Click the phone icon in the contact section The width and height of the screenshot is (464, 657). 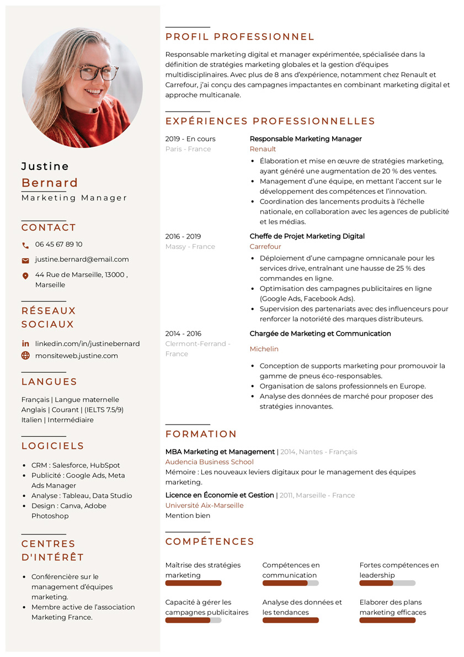tap(25, 245)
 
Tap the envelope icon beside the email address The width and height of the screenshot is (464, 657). tap(25, 260)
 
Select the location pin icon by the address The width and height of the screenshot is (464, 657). tap(25, 275)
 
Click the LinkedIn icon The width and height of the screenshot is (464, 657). tap(25, 343)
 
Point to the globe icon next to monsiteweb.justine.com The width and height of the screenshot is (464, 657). tap(25, 356)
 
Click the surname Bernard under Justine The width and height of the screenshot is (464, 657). tap(50, 183)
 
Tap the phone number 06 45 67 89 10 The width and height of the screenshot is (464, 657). tap(58, 244)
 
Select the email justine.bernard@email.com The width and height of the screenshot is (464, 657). tap(82, 259)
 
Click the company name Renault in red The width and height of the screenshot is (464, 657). tap(263, 149)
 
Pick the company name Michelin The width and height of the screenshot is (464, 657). tap(264, 349)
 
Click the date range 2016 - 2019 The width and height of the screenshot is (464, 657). tap(183, 236)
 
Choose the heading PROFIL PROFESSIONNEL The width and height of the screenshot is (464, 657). tap(240, 37)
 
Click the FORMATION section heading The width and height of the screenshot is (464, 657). tap(201, 434)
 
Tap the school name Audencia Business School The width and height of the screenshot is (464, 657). tap(210, 462)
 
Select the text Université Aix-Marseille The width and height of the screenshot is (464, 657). tap(204, 505)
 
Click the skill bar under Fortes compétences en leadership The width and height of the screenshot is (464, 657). tap(387, 583)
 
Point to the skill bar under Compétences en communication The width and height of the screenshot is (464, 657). tap(290, 583)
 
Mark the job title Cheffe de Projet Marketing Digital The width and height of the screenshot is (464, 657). tap(307, 236)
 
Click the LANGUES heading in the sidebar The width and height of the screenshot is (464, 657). tap(49, 382)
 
